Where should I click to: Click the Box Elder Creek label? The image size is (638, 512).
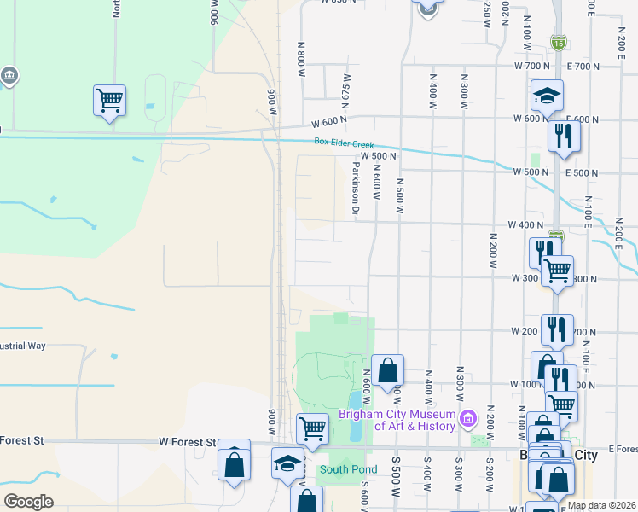coord(344,144)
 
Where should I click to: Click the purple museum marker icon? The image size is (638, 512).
coord(467,419)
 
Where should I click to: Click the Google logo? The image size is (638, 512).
coord(28,502)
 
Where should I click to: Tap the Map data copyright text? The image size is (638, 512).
coord(601,505)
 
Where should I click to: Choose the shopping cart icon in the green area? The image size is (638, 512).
coord(109,100)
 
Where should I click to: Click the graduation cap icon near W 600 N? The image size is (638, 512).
coord(547,96)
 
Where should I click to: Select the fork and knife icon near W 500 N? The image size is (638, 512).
coord(563,135)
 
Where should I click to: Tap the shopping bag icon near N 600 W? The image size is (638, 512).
coord(387,369)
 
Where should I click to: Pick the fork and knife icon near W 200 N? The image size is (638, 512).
coord(556,328)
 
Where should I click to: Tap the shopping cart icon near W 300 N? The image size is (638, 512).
coord(557,271)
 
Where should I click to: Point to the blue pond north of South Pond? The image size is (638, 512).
coord(356,402)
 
